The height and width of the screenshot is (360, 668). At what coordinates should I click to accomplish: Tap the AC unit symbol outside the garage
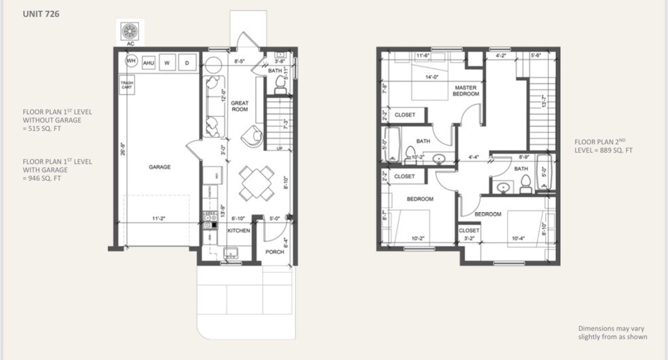130,31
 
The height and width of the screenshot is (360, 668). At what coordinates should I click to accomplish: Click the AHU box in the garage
149,62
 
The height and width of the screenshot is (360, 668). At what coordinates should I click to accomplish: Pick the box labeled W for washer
167,62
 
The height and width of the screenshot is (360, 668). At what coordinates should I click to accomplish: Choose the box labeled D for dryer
187,62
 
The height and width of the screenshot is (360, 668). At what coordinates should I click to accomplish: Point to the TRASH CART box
127,86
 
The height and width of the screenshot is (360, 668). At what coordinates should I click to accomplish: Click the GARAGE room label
160,166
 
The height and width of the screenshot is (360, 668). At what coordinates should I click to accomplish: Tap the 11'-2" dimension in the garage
159,219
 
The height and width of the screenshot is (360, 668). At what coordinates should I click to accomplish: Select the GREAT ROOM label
240,106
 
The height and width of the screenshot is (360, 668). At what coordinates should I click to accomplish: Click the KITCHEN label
238,231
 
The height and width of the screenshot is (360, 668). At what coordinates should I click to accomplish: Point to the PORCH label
275,252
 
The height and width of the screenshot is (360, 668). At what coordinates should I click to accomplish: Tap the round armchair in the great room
254,135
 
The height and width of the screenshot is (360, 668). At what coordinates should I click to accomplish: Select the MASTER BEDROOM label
467,90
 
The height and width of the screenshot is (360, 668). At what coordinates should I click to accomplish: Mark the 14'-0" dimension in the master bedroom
432,77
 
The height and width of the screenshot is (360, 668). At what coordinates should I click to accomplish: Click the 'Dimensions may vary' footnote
612,332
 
